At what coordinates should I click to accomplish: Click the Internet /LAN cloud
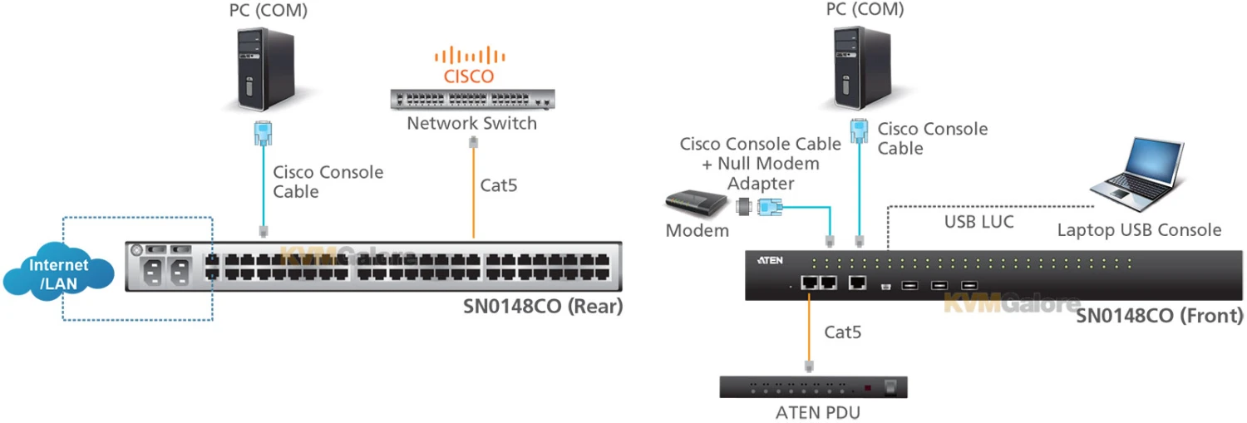(58, 273)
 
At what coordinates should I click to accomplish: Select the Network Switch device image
(472, 99)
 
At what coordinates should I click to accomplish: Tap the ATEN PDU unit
(813, 387)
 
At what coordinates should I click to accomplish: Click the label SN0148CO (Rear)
(542, 307)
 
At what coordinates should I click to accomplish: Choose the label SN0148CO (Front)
(1160, 316)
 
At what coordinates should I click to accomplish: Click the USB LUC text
(978, 223)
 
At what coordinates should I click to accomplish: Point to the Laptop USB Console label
(1139, 230)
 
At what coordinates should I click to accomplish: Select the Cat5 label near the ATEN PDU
(842, 332)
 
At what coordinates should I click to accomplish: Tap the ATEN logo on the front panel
(770, 260)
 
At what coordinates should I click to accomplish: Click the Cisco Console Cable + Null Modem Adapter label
(749, 164)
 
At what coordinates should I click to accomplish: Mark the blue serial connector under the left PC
(264, 133)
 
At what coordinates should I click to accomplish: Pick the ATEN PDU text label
(813, 411)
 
